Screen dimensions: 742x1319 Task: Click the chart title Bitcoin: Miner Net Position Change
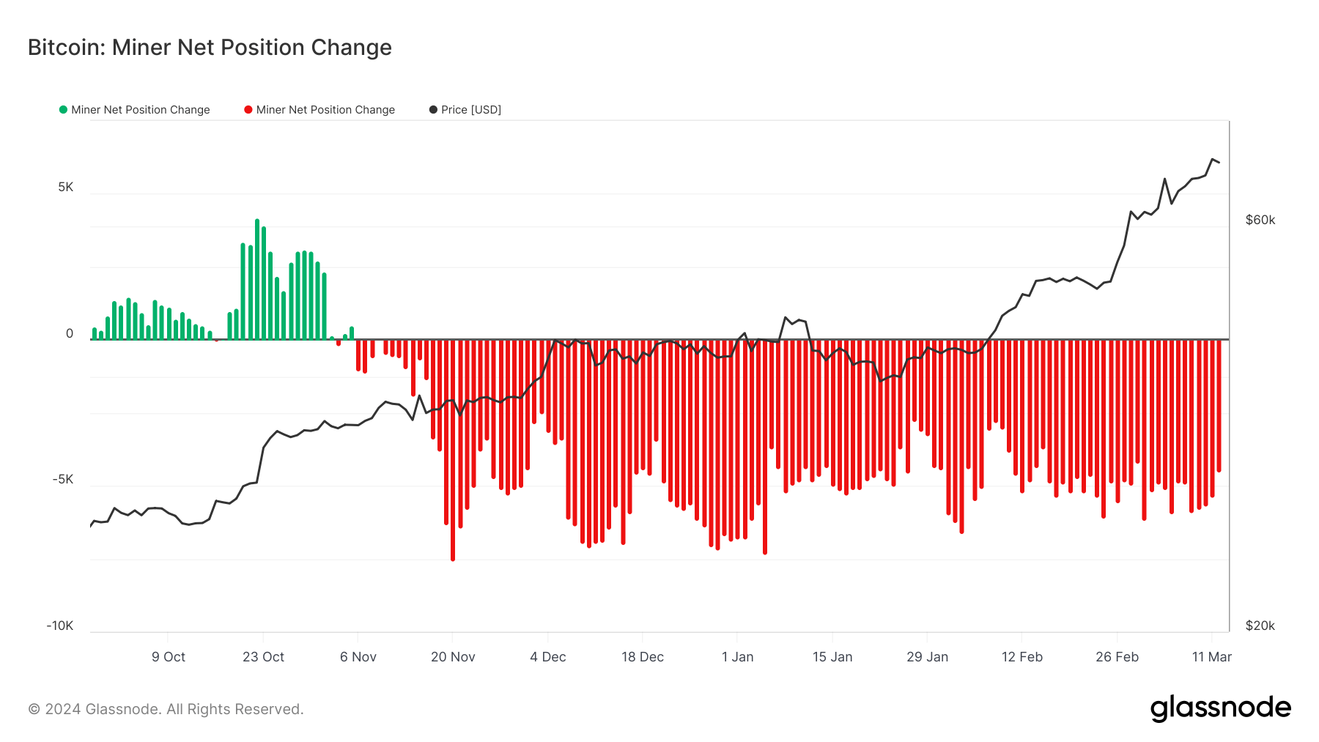(x=210, y=48)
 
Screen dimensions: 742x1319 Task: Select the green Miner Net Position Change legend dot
(x=63, y=110)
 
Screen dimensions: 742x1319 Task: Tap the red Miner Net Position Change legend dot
(x=248, y=110)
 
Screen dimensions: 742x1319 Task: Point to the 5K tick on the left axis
(x=66, y=188)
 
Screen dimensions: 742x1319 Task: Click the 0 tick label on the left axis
(x=70, y=334)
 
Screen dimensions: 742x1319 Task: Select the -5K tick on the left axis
(x=63, y=480)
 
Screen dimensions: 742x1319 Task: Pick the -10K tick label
(x=60, y=626)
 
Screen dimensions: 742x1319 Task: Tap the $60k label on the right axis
(x=1260, y=220)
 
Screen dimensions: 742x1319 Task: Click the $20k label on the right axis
(x=1260, y=626)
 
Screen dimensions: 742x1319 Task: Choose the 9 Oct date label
(x=169, y=657)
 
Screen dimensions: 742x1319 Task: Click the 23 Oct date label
(x=263, y=657)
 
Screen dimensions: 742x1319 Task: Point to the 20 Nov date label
(x=453, y=657)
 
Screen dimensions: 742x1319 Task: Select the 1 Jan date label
(x=737, y=657)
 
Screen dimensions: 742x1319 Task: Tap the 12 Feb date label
(x=1022, y=657)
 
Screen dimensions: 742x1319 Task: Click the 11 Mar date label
(x=1212, y=657)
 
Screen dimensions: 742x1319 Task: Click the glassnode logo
(x=1220, y=708)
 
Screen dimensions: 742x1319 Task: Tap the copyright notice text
(x=166, y=709)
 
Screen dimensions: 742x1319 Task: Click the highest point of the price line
(x=1213, y=159)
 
